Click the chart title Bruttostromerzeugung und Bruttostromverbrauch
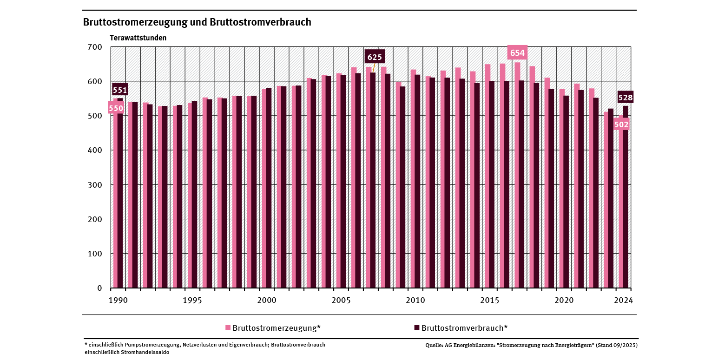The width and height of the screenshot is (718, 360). [197, 22]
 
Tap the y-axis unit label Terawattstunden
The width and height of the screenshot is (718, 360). [138, 38]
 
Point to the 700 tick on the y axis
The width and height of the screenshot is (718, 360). [94, 47]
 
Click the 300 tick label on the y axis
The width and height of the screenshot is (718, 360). [94, 185]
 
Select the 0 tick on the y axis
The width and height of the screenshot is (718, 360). [99, 288]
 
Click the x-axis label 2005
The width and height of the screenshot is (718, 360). [341, 300]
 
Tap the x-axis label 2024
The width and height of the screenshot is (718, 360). [623, 300]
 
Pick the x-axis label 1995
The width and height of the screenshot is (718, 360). [192, 300]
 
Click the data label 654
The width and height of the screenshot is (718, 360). [517, 53]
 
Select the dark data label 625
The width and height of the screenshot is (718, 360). [375, 57]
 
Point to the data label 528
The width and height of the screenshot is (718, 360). [625, 98]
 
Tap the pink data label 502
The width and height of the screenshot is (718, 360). [621, 124]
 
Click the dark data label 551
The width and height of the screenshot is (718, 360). [120, 90]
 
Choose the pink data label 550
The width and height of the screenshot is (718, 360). [116, 109]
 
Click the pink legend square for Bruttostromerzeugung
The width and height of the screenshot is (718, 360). [228, 328]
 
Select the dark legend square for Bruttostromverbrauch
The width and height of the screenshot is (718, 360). [416, 328]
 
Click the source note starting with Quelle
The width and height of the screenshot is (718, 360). [531, 346]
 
